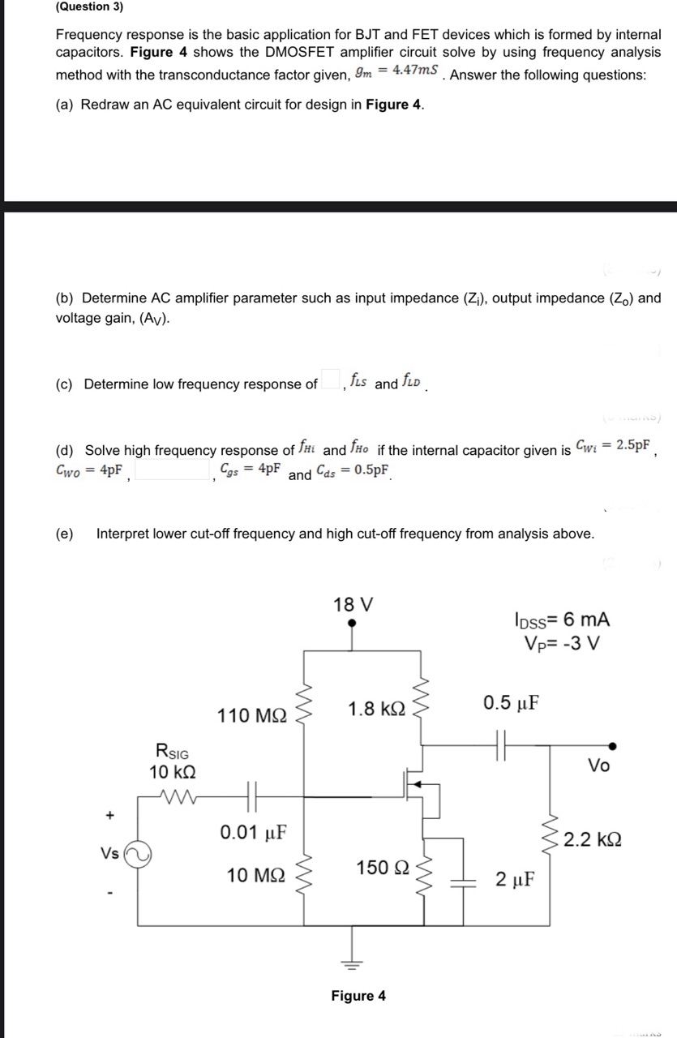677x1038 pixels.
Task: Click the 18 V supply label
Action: click(x=353, y=605)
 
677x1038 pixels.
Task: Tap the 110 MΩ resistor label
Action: click(x=252, y=716)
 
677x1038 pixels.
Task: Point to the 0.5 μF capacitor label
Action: click(x=511, y=702)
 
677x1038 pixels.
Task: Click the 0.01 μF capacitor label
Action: click(x=251, y=832)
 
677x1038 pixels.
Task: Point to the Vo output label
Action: click(x=598, y=766)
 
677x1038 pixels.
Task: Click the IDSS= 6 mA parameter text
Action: click(x=562, y=620)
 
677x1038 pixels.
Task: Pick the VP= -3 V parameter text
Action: click(x=562, y=645)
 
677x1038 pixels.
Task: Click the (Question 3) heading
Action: click(x=89, y=6)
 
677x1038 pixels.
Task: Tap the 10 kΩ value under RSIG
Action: click(x=172, y=771)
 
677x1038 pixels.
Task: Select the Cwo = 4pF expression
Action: click(x=90, y=470)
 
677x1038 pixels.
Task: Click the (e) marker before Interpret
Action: click(x=64, y=534)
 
